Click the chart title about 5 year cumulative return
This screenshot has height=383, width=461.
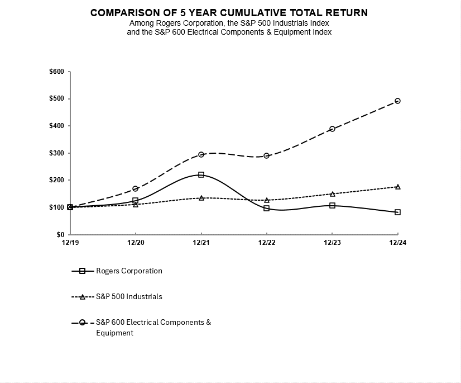pyautogui.click(x=229, y=12)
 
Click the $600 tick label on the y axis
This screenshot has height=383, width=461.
pyautogui.click(x=57, y=72)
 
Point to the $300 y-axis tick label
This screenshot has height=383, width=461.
pyautogui.click(x=57, y=153)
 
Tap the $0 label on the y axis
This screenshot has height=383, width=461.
pyautogui.click(x=60, y=235)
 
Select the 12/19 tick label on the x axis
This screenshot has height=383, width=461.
pyautogui.click(x=70, y=243)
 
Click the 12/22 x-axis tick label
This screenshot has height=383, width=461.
pyautogui.click(x=267, y=243)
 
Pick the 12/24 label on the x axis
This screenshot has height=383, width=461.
pyautogui.click(x=397, y=243)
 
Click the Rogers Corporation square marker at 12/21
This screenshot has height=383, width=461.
pyautogui.click(x=201, y=175)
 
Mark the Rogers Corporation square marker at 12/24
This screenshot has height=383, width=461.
pyautogui.click(x=397, y=212)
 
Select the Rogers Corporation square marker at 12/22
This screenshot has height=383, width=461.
pyautogui.click(x=267, y=209)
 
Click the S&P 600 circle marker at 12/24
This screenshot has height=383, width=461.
pyautogui.click(x=397, y=101)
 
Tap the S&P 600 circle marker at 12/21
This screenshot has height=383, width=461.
pyautogui.click(x=201, y=155)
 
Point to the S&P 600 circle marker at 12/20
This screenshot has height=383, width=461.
pyautogui.click(x=136, y=189)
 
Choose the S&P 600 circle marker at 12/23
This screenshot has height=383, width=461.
pyautogui.click(x=332, y=129)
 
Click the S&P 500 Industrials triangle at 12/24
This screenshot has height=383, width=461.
pyautogui.click(x=397, y=187)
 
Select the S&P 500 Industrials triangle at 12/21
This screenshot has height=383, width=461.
pyautogui.click(x=201, y=198)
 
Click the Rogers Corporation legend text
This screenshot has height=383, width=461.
pyautogui.click(x=129, y=271)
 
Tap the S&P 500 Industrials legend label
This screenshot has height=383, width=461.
pyautogui.click(x=129, y=297)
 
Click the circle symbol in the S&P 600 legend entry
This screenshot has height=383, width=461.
pyautogui.click(x=83, y=323)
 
